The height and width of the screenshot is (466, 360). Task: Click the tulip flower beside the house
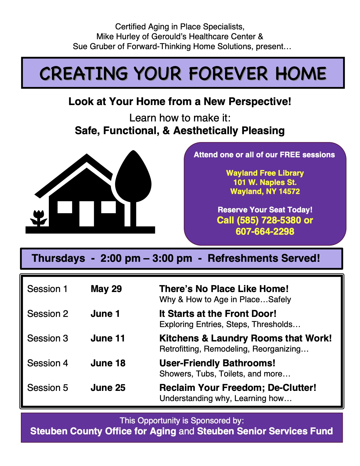[x=39, y=218]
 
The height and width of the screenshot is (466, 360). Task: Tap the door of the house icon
[x=87, y=214]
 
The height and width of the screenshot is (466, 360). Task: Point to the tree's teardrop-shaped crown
[x=133, y=176]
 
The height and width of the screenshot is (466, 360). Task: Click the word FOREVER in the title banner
[x=228, y=73]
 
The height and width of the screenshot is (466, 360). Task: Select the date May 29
[x=106, y=289]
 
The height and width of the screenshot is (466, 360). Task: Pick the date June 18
[x=108, y=363]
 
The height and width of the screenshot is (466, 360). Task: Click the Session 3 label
[x=48, y=338]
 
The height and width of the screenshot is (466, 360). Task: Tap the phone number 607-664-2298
[x=265, y=231]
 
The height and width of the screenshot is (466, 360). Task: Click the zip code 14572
[x=289, y=191]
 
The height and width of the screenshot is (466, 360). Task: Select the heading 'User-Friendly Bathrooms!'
[x=217, y=363]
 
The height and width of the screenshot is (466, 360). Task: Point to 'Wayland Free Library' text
[x=265, y=173]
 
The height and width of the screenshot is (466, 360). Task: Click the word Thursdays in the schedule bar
[x=58, y=258]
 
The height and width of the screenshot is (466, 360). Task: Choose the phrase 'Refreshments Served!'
[x=264, y=258]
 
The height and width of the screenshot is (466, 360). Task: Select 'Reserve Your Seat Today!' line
[x=265, y=210]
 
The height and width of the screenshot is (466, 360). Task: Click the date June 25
[x=108, y=388]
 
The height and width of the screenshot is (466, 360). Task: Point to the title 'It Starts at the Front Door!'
[x=218, y=313]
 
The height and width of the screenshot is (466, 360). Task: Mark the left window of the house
[x=65, y=207]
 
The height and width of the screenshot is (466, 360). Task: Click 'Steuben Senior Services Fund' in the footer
[x=265, y=431]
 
